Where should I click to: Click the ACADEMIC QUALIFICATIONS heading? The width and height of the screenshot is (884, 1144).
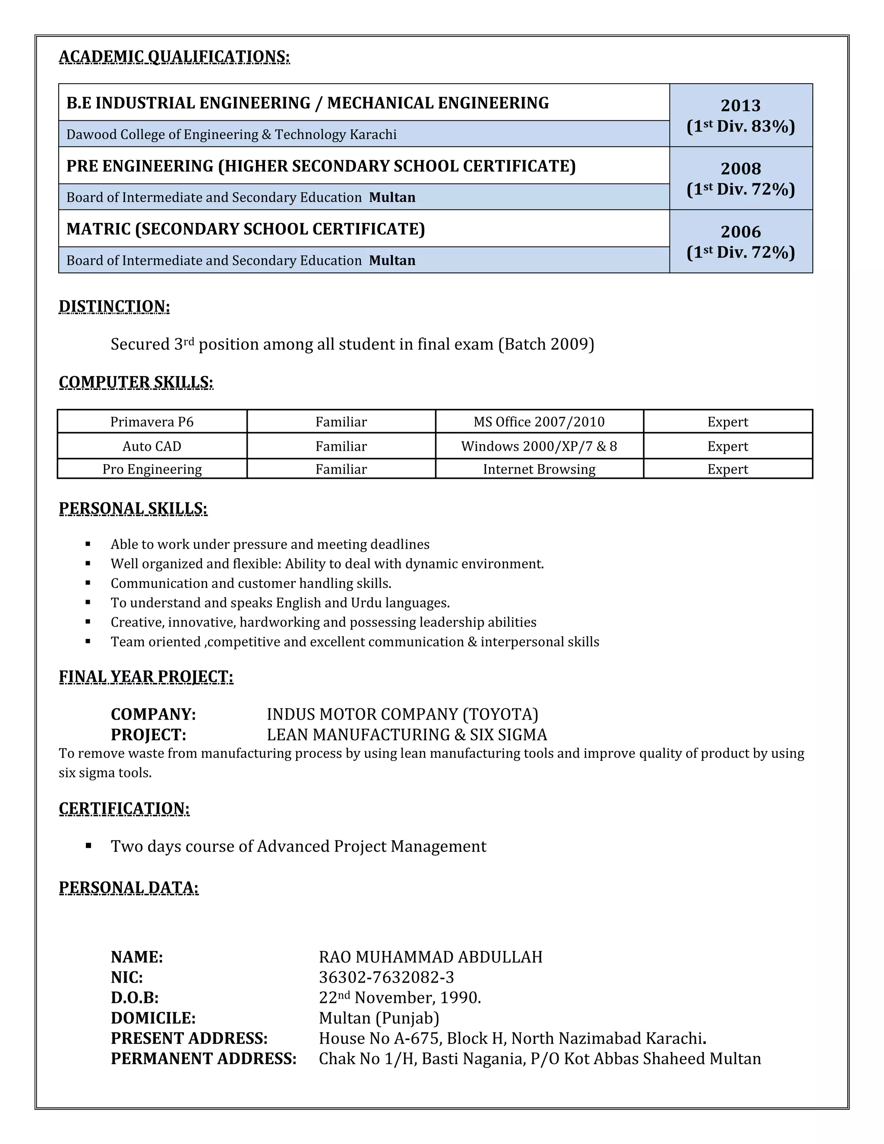pos(174,57)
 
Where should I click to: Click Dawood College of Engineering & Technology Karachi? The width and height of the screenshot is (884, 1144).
pos(231,135)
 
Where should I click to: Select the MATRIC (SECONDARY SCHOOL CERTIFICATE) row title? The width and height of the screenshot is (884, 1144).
pos(245,229)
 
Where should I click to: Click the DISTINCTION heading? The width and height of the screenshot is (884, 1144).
pos(114,307)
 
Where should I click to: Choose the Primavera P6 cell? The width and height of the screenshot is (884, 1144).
pos(152,422)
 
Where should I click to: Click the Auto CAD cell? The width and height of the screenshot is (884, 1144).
pos(152,446)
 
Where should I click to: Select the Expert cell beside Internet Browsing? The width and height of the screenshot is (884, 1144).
pos(727,469)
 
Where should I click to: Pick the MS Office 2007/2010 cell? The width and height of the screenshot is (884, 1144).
pos(539,422)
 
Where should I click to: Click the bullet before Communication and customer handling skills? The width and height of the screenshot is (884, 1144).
pos(88,583)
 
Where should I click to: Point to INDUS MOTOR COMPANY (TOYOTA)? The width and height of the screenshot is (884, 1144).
pos(402,714)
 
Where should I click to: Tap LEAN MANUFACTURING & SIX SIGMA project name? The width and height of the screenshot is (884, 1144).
pos(406,735)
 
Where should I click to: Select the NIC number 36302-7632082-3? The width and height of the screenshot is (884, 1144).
pos(386,977)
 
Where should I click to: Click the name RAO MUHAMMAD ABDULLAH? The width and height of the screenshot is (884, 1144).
pos(430,957)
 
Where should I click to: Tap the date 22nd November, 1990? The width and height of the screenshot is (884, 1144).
pos(400,998)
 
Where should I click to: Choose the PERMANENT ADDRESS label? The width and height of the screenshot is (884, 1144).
pos(203,1059)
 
